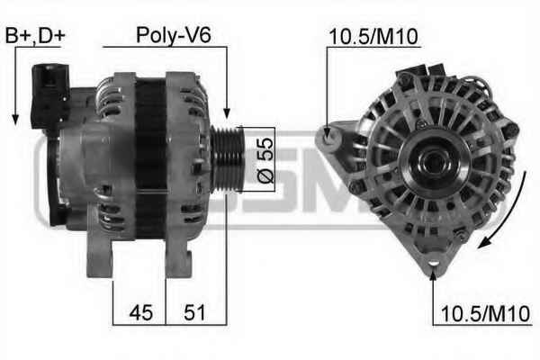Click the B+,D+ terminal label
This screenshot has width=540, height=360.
click(35, 35)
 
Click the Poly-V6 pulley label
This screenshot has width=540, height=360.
click(173, 35)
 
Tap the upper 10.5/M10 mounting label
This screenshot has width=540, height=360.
click(373, 37)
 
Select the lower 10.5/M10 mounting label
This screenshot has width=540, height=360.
click(486, 314)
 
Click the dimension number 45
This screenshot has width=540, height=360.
click(141, 312)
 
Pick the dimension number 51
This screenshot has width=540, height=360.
click(194, 312)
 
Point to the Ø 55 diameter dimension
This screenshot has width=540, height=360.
click(265, 160)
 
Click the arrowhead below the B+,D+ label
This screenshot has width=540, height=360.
click(15, 119)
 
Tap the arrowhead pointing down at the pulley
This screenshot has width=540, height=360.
click(227, 113)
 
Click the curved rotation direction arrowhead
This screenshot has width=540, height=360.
click(484, 242)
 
